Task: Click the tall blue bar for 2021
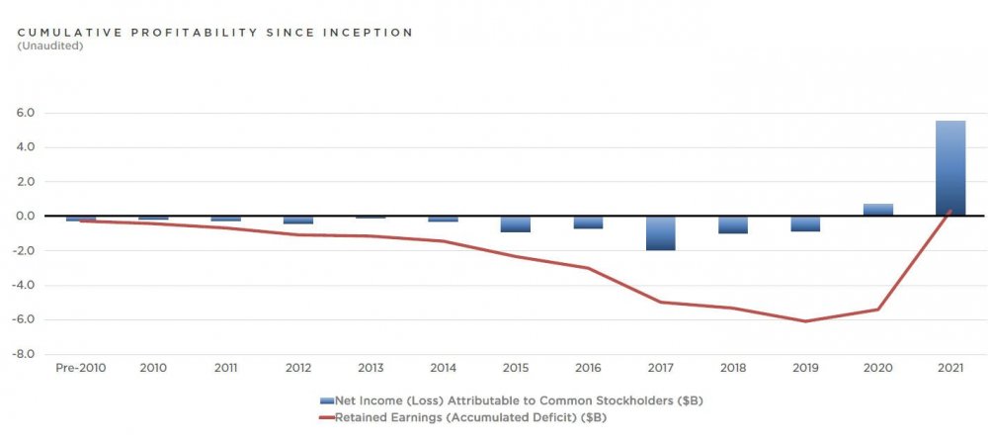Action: (950, 168)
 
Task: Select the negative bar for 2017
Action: (660, 233)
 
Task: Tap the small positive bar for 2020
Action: (878, 210)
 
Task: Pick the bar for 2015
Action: (515, 224)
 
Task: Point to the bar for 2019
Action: (805, 223)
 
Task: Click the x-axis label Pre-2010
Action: (80, 368)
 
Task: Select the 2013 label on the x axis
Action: (370, 368)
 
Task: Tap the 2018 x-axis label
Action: (732, 368)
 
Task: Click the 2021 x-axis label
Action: (950, 368)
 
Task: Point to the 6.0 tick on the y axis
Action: (26, 113)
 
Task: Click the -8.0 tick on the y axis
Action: (24, 354)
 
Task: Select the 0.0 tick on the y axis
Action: (26, 217)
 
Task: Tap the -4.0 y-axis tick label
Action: (24, 286)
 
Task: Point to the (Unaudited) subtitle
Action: (50, 45)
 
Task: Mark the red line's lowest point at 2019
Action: (805, 321)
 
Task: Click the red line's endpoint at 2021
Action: (950, 210)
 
